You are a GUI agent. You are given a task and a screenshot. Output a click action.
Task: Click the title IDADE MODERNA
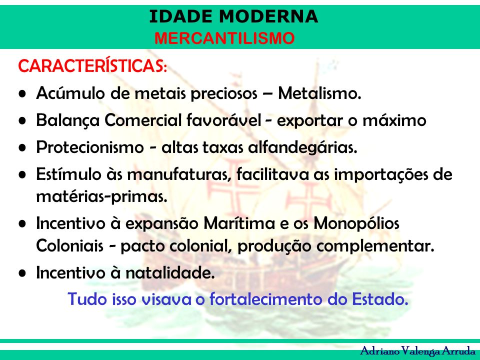(x=233, y=16)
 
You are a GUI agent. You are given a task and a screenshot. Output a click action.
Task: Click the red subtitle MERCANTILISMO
(x=224, y=38)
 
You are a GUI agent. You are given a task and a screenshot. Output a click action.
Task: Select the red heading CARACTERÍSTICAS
(x=92, y=65)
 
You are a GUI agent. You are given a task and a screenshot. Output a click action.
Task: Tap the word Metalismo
(x=319, y=93)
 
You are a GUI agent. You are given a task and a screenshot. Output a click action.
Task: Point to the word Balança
(x=68, y=120)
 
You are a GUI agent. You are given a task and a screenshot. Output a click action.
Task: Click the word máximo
(x=394, y=120)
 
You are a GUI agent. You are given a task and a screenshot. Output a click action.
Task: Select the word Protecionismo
(x=90, y=147)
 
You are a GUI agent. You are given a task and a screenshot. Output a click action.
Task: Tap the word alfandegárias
(x=302, y=147)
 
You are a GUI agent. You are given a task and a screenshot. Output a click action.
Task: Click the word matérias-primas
(x=101, y=196)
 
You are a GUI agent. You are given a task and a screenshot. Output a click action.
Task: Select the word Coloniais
(x=70, y=245)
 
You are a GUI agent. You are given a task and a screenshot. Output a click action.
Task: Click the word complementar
(x=375, y=246)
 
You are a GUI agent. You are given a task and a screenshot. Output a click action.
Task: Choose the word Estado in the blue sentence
(x=380, y=299)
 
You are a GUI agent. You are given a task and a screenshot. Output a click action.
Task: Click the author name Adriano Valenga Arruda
(x=417, y=351)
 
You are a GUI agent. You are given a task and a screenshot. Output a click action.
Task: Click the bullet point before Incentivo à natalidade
(x=22, y=273)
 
